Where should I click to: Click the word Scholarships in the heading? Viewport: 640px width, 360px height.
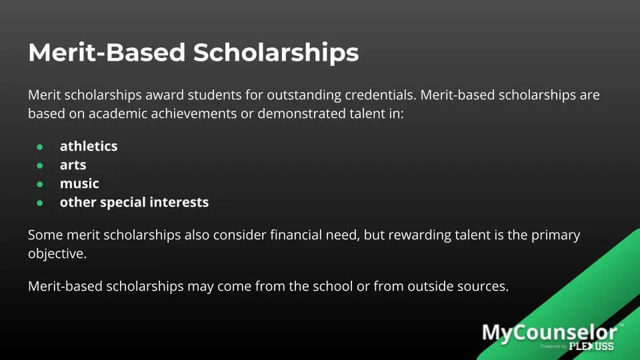[x=276, y=53]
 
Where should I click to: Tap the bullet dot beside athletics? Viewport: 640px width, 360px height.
[x=40, y=146]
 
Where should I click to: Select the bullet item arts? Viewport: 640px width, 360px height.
[x=73, y=165]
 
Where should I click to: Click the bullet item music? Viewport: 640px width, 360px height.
[x=79, y=183]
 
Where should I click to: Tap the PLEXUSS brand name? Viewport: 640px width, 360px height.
[x=591, y=346]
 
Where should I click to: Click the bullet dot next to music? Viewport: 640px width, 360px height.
[x=40, y=183]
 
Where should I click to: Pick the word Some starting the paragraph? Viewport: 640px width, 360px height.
[x=45, y=235]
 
